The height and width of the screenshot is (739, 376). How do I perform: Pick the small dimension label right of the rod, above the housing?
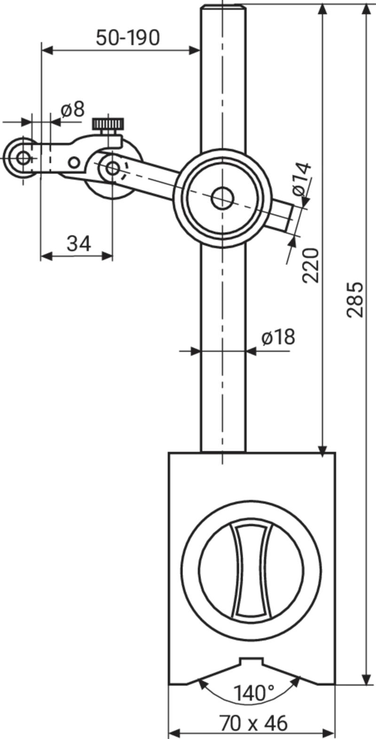[x=278, y=338]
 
